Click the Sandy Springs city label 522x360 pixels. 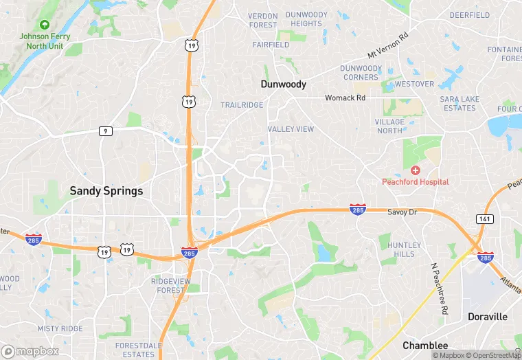tap(106, 191)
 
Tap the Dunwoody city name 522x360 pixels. tap(283, 84)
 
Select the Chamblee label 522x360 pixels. tap(425, 346)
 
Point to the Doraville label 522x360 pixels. tap(488, 317)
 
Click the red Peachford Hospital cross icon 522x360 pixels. tap(415, 170)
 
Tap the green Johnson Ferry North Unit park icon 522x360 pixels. tap(45, 25)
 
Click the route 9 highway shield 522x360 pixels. tap(105, 131)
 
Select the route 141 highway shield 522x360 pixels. tap(484, 218)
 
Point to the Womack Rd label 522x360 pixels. tap(345, 98)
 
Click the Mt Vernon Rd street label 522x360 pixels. tap(388, 45)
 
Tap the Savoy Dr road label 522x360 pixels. tap(402, 212)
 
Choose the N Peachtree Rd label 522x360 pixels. tap(438, 289)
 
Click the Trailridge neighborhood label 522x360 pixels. tap(242, 105)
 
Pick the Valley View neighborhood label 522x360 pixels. tap(291, 129)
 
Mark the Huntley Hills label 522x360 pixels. tap(405, 249)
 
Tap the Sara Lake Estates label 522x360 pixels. tap(460, 103)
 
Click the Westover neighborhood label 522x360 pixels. tap(414, 84)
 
